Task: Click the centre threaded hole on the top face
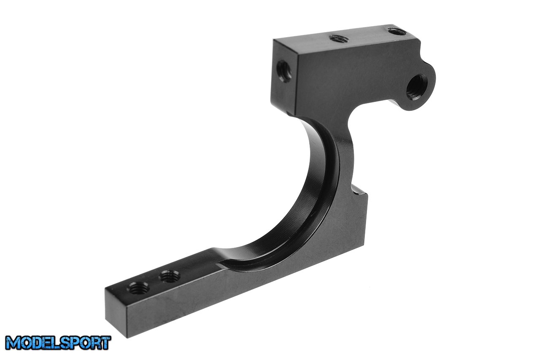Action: [x=338, y=38]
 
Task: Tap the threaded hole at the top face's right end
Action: [x=396, y=31]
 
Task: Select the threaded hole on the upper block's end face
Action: [x=284, y=71]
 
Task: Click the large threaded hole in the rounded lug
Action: [x=416, y=88]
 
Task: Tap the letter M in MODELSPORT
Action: [x=13, y=343]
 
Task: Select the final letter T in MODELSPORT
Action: [x=105, y=342]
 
